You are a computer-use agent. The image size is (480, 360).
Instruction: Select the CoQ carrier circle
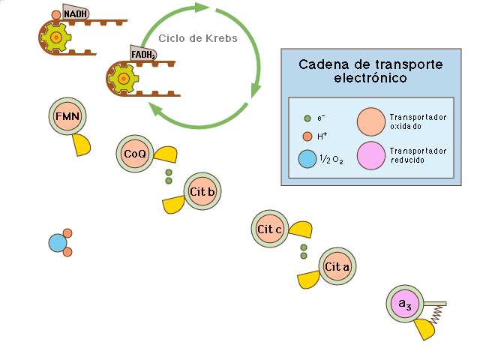click(x=135, y=154)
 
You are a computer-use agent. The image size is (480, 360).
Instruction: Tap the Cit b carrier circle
click(x=202, y=192)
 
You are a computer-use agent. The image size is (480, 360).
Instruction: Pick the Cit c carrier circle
click(x=268, y=229)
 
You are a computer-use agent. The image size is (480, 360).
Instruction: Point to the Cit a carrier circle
click(x=337, y=266)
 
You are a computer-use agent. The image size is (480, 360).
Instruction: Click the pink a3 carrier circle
click(x=405, y=304)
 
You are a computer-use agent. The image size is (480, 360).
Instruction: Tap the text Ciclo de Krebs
click(x=198, y=38)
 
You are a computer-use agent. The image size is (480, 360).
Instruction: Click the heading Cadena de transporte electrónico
click(x=370, y=70)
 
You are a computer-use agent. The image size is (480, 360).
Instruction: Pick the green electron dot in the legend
click(x=307, y=118)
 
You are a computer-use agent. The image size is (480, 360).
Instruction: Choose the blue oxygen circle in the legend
click(x=307, y=159)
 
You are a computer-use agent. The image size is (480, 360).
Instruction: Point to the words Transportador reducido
click(x=418, y=155)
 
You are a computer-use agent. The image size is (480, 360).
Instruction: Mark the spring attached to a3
click(x=436, y=314)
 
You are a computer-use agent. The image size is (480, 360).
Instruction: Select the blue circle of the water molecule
click(x=57, y=243)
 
